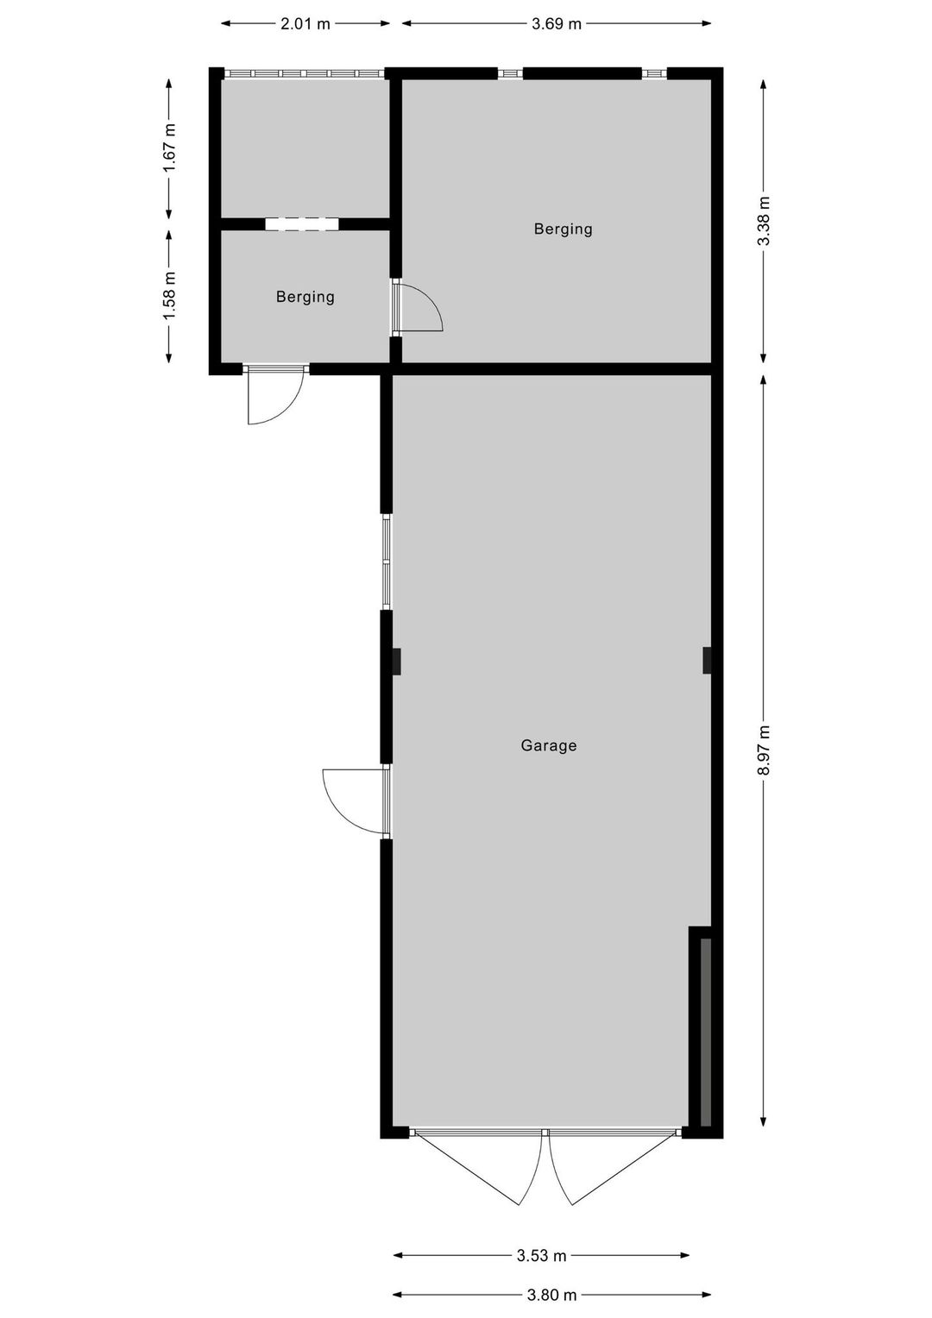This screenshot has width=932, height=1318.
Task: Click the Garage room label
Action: pyautogui.click(x=548, y=745)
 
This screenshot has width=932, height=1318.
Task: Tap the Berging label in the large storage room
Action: pyautogui.click(x=563, y=229)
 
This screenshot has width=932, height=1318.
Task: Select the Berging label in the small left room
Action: pyautogui.click(x=305, y=297)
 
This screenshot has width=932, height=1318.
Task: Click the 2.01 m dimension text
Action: pyautogui.click(x=305, y=23)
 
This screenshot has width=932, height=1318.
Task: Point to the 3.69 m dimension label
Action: pyautogui.click(x=557, y=23)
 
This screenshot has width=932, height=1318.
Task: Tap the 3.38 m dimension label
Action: pyautogui.click(x=764, y=221)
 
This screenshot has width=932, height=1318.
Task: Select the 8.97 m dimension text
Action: pyautogui.click(x=764, y=750)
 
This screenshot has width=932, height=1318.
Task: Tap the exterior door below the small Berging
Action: pyautogui.click(x=275, y=394)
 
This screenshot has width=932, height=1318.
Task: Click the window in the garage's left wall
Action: pyautogui.click(x=387, y=562)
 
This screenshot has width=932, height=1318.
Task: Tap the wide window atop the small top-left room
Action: pyautogui.click(x=305, y=73)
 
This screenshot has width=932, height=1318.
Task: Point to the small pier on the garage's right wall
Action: pyautogui.click(x=707, y=661)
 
